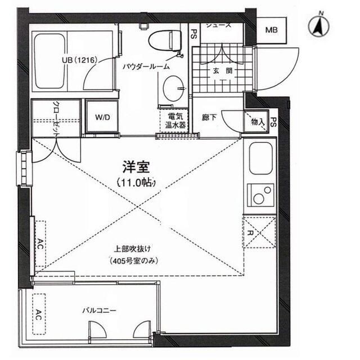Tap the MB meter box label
(x=271, y=30)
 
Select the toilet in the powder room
(x=165, y=40)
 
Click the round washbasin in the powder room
(x=172, y=88)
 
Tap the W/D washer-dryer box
(x=102, y=117)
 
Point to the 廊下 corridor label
(x=209, y=119)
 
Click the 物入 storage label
(x=256, y=121)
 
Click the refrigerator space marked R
(x=259, y=232)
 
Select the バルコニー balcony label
(x=99, y=309)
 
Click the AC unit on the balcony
(x=39, y=313)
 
